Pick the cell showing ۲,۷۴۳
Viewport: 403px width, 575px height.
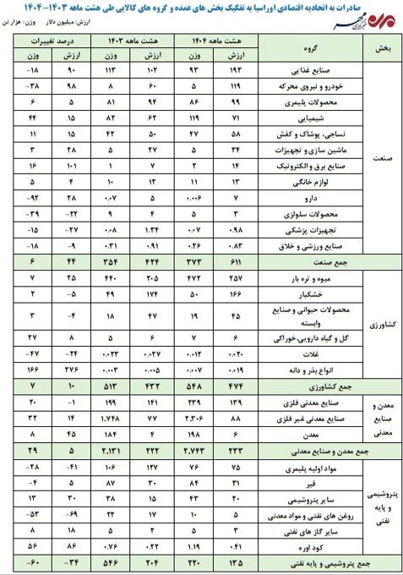coord(195,447)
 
